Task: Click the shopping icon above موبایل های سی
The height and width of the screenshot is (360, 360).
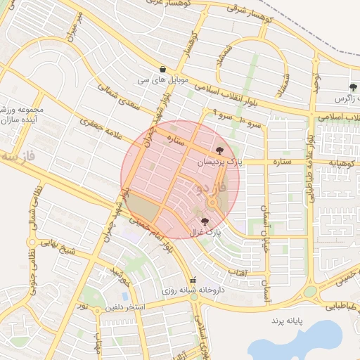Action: [x=163, y=69]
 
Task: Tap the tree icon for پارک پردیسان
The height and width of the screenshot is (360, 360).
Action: [x=221, y=150]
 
